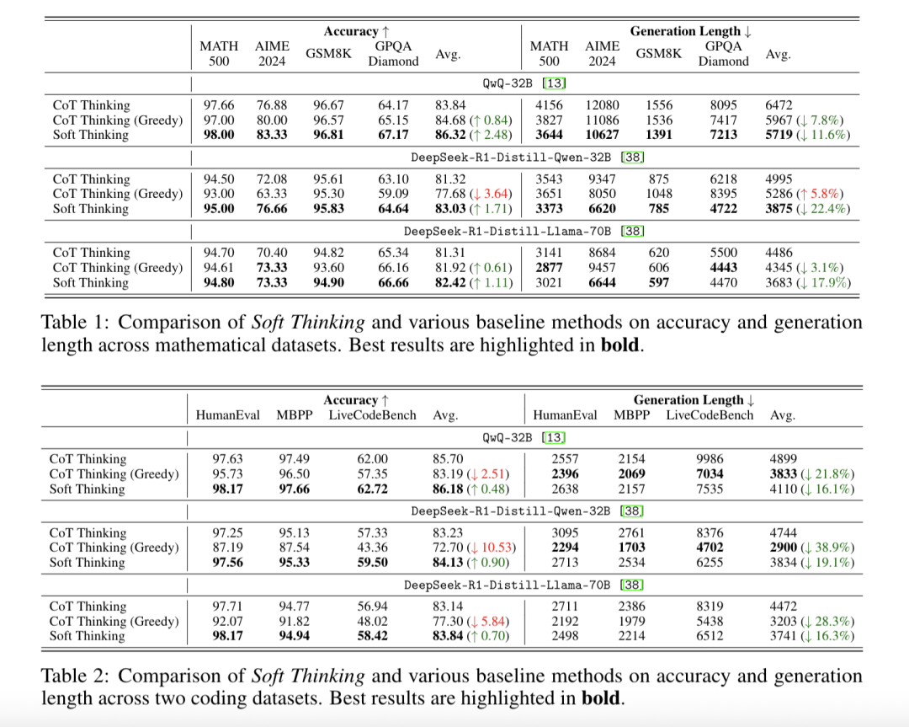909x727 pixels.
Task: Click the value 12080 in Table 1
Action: [x=602, y=105]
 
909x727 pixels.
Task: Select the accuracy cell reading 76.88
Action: [x=272, y=105]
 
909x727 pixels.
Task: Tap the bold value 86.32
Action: [x=450, y=135]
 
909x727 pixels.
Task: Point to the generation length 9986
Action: [x=710, y=459]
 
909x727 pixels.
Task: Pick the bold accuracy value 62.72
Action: [x=372, y=489]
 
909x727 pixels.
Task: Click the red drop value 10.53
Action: [x=497, y=547]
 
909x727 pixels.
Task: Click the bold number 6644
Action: [x=602, y=282]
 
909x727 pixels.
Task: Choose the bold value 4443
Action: [x=724, y=268]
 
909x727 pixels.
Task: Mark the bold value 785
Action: [x=658, y=209]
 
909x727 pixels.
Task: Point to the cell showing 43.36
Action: [x=372, y=547]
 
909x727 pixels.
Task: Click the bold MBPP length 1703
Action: [x=631, y=547]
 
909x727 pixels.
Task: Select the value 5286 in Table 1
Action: [x=779, y=194]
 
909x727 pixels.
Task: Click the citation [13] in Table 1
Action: [x=554, y=83]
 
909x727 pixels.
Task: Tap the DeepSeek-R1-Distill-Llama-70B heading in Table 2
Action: [x=508, y=585]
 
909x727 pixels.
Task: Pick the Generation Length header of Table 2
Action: [x=688, y=400]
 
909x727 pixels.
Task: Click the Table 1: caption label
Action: [x=74, y=322]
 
